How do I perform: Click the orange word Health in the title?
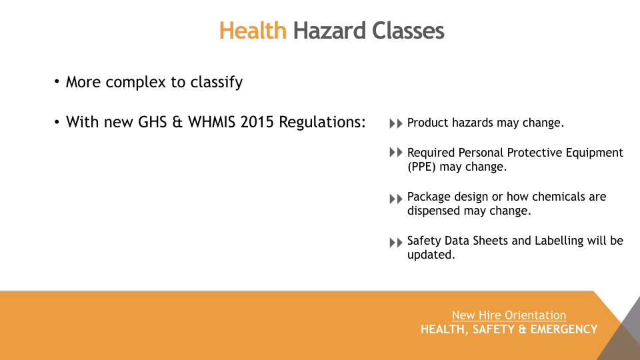(x=253, y=31)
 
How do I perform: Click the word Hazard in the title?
(x=329, y=31)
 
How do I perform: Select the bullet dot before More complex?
(x=57, y=81)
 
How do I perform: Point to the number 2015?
(x=257, y=122)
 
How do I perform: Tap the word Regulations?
(x=322, y=122)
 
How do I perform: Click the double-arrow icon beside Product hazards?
(x=396, y=123)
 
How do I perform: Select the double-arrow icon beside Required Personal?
(x=396, y=152)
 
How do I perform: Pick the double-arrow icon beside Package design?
(x=396, y=199)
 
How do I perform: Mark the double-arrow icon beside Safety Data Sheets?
(x=396, y=243)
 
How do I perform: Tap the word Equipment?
(x=594, y=153)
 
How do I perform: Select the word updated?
(x=431, y=255)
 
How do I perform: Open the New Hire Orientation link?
(x=509, y=315)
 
